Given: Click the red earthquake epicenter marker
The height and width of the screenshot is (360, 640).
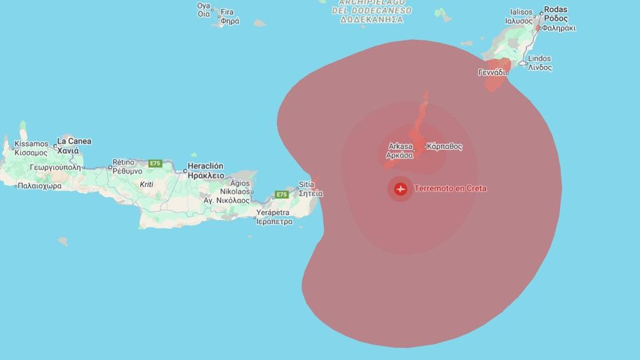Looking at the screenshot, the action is (400, 189).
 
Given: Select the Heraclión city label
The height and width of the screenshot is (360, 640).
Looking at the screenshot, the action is (205, 166).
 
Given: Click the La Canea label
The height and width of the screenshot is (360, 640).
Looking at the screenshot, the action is (74, 141).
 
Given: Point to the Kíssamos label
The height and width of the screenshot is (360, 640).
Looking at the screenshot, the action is (31, 144).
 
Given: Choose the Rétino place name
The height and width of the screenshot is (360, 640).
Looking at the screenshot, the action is (123, 162).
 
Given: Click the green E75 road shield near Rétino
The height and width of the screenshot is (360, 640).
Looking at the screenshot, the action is (155, 164).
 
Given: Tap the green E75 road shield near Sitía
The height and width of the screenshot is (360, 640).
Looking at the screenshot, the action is (282, 194).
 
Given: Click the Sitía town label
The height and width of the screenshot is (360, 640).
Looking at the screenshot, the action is (306, 185).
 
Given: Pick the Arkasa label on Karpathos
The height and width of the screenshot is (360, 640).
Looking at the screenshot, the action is (399, 147).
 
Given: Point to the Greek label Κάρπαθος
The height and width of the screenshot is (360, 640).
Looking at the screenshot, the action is (445, 147).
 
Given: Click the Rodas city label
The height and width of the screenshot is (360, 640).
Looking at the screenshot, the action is (556, 9).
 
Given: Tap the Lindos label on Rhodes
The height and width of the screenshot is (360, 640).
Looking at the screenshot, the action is (539, 59).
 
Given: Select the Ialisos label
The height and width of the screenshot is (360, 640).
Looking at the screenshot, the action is (521, 12).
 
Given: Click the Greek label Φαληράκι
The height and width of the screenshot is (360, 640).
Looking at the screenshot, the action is (559, 28).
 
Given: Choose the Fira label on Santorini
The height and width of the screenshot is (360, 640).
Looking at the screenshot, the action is (227, 12).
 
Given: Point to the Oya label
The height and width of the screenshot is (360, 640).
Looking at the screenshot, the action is (204, 6).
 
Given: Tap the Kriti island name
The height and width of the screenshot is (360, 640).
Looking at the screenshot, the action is (147, 184).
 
